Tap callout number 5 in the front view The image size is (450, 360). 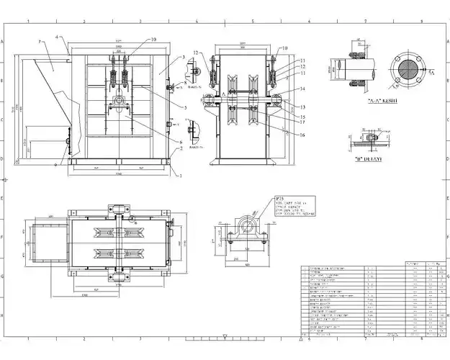[x=186, y=107]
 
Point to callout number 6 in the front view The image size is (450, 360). [x=181, y=141]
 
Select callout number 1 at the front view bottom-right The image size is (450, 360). [x=181, y=176]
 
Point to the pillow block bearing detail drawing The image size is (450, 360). [x=245, y=234]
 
